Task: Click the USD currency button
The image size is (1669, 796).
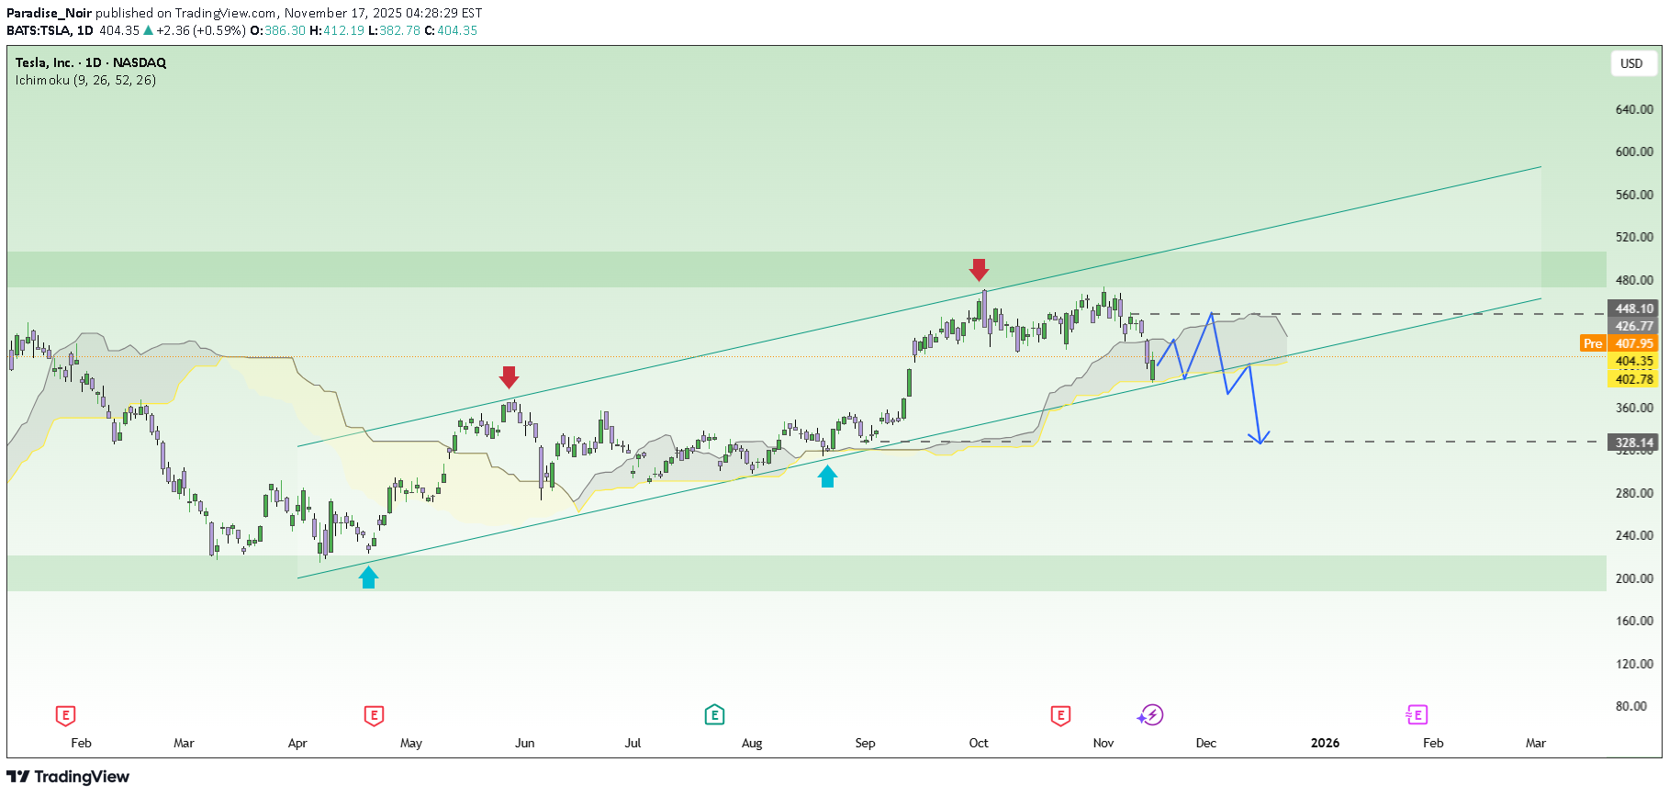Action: [1630, 63]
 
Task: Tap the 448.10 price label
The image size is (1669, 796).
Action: [1633, 308]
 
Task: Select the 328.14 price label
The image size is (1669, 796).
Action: [1633, 443]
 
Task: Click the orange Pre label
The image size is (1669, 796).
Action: [1592, 343]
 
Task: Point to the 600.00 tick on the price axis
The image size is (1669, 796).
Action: [1633, 151]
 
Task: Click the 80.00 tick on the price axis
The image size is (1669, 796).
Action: [1630, 706]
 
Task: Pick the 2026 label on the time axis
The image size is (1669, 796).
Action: [1325, 743]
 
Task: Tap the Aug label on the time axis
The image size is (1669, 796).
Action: [752, 743]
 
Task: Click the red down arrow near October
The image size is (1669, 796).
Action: [979, 270]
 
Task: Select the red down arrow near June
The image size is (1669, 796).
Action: [509, 376]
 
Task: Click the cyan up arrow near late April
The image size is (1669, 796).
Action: [368, 577]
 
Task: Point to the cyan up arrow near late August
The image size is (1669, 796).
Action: [827, 476]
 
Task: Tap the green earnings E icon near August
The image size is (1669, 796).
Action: [714, 714]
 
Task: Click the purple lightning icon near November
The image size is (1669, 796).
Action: [1150, 714]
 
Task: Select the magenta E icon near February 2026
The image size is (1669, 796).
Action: [1416, 714]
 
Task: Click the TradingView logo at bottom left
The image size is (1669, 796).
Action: [68, 777]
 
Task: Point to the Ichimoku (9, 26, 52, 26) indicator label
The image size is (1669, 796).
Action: [85, 80]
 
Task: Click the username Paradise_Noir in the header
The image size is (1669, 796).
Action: [49, 13]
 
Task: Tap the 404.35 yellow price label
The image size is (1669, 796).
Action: [1633, 361]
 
